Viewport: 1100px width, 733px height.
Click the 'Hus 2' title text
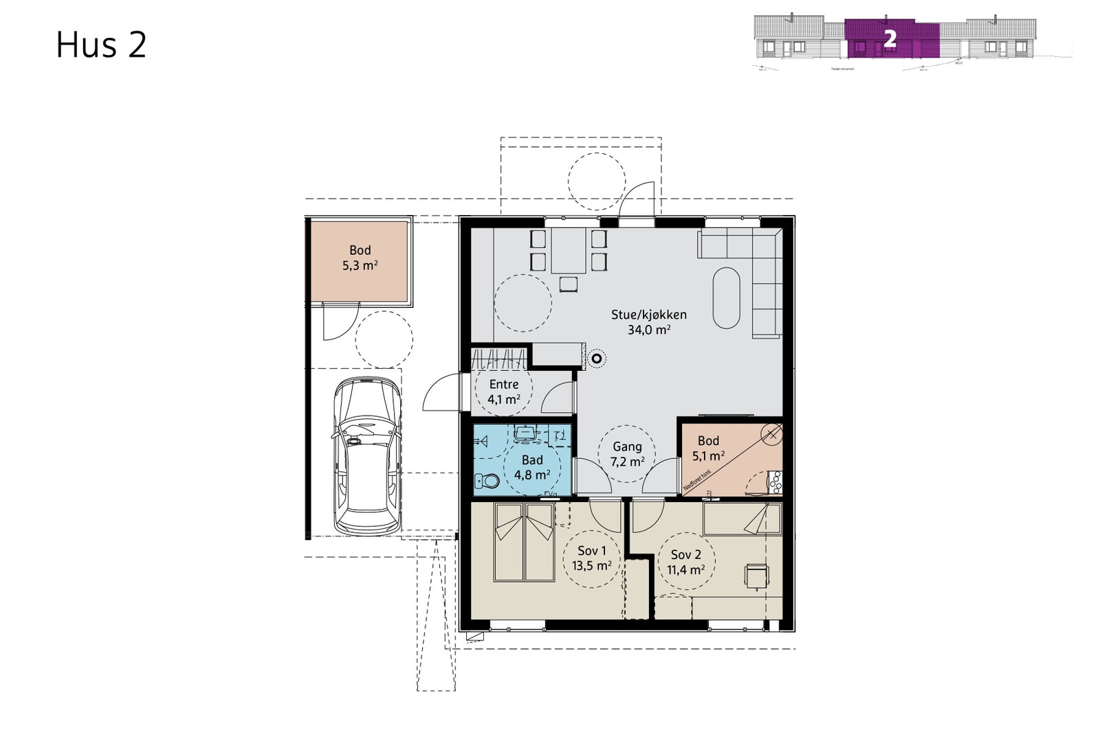(101, 45)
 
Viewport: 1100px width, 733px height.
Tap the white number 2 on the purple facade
(890, 39)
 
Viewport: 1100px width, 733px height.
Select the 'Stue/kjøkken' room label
(649, 315)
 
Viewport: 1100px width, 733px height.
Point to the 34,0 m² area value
(649, 330)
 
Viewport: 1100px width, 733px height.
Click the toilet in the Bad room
(487, 480)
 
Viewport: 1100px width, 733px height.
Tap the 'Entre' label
(503, 384)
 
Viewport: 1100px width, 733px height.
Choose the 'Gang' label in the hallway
(627, 447)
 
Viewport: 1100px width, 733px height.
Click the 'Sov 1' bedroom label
(591, 550)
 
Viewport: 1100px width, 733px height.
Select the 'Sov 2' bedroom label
(685, 554)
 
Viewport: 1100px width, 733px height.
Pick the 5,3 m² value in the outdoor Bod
(360, 265)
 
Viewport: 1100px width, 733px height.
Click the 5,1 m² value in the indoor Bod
(708, 455)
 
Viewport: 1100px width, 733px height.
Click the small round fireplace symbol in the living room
(597, 357)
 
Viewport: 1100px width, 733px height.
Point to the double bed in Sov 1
(525, 543)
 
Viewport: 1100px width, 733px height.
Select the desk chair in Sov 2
(756, 576)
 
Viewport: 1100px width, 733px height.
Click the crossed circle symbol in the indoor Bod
(773, 433)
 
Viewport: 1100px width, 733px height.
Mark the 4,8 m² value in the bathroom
(531, 475)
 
